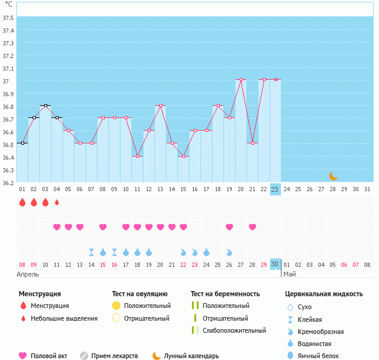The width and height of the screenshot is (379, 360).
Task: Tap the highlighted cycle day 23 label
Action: (275, 189)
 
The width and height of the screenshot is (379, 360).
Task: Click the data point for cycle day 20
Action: (241, 79)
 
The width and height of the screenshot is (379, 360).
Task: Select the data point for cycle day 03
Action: (45, 105)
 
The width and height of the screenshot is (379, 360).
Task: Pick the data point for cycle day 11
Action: (137, 156)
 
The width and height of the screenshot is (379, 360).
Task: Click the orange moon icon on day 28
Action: (333, 176)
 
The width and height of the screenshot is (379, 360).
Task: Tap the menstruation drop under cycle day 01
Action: (22, 202)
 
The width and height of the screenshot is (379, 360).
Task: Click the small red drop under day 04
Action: (57, 202)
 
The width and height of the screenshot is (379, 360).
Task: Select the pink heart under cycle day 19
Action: (229, 227)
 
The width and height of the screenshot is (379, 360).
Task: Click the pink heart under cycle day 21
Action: (172, 227)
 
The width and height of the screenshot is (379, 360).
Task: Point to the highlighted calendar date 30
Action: (275, 264)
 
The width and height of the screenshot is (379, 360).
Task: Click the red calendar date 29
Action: (263, 264)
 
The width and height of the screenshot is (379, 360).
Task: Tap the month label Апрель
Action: (28, 274)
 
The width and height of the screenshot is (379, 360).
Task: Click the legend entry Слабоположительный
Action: (234, 330)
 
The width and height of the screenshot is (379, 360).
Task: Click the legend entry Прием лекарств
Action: (115, 356)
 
